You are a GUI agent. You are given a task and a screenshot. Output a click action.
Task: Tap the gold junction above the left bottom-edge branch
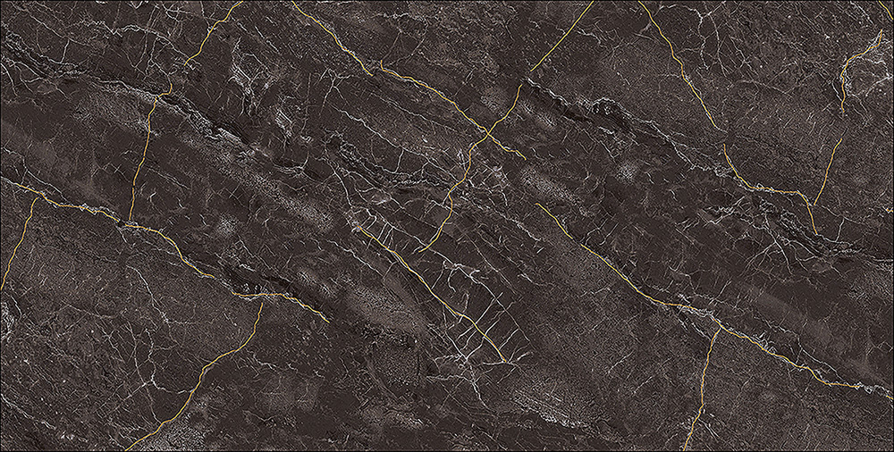261,301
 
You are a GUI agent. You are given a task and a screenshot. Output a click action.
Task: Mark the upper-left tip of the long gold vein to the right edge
536,205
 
